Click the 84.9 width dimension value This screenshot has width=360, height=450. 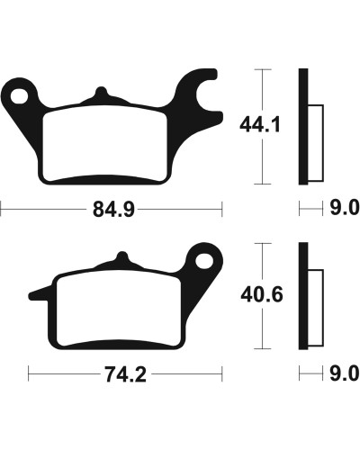[113, 209]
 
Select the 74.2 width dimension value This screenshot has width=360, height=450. [126, 374]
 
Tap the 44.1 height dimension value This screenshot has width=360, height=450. [260, 125]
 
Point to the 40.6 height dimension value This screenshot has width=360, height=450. [262, 295]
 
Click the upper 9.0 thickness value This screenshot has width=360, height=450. [345, 208]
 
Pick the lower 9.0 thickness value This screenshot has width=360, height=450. [345, 373]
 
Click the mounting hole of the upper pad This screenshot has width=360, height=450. [19, 96]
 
